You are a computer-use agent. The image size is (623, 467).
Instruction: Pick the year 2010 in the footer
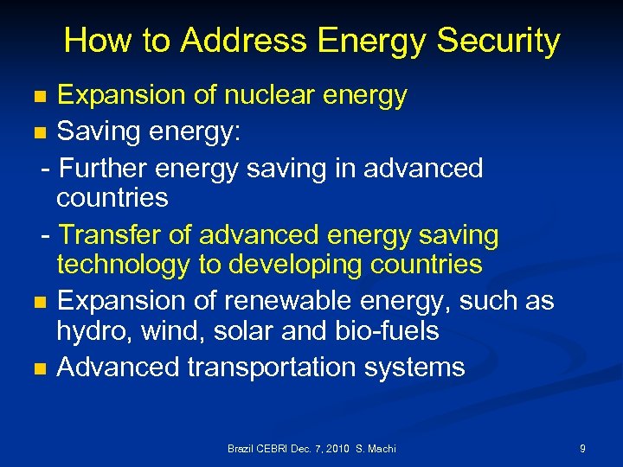point(336,449)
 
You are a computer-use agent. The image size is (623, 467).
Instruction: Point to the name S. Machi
point(376,449)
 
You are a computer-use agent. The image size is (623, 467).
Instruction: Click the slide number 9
point(582,449)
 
